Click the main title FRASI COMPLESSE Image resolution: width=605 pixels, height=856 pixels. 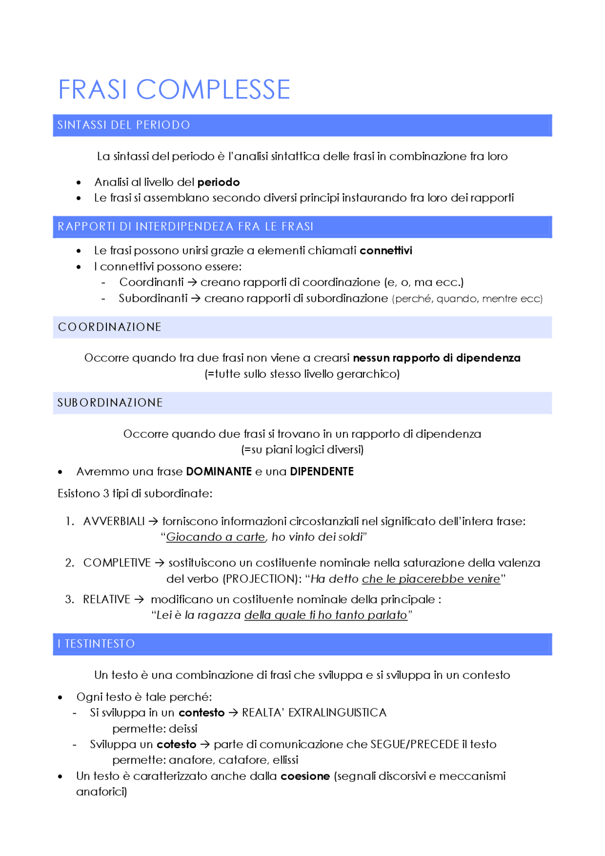pos(174,89)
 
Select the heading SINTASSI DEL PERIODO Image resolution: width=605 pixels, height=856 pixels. pos(123,125)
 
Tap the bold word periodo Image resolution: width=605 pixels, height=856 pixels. pos(218,182)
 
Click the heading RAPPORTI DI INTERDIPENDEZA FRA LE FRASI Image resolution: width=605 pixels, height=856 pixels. pos(185,227)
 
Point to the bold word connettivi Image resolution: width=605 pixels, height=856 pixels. pos(386,251)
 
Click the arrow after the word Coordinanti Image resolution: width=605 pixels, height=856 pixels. pos(192,283)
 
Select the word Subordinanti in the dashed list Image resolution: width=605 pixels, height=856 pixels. pos(153,299)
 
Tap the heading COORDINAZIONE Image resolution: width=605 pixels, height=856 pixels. pos(110,327)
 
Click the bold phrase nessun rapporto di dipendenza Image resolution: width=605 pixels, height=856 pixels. pos(436,358)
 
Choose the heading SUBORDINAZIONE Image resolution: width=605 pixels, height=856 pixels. pos(110,403)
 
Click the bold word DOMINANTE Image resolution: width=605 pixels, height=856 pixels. pos(219,472)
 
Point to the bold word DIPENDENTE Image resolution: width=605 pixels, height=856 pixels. pos(321,472)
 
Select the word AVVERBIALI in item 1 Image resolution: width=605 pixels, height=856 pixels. pos(114,521)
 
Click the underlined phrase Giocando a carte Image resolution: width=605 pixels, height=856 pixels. pos(216,537)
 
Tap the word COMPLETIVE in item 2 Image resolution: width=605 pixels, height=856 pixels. pos(117,563)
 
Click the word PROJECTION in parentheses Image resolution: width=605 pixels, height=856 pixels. pos(259,579)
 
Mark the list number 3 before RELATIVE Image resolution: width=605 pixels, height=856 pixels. pos(69,599)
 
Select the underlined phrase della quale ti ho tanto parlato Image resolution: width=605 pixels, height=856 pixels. pos(326,615)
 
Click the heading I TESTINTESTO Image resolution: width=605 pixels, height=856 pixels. pos(96,644)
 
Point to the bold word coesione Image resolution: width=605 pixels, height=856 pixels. pos(305,776)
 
